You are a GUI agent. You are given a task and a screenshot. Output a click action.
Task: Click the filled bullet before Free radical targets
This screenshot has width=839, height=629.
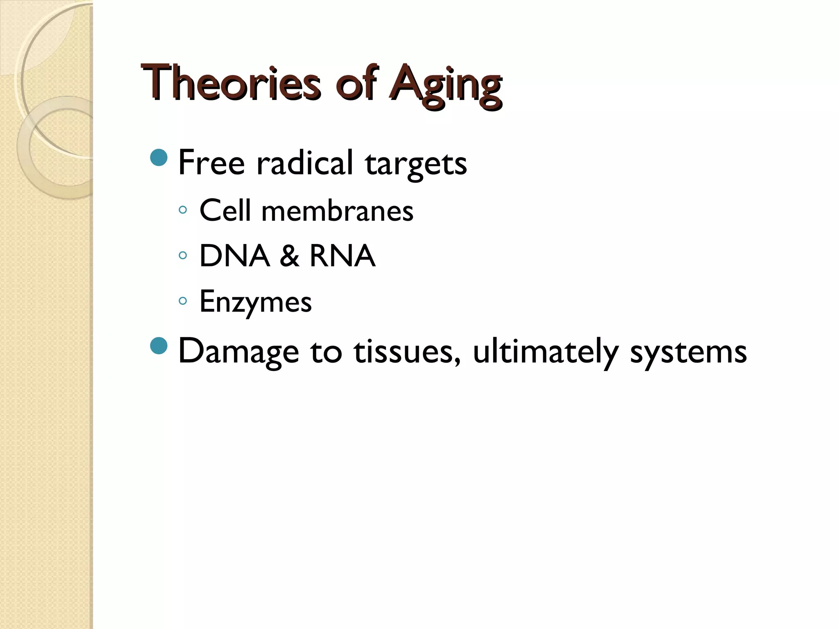tap(159, 158)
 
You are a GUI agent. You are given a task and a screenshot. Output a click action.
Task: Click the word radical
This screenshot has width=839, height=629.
tap(304, 163)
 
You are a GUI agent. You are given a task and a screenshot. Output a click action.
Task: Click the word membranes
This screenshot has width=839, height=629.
tap(337, 211)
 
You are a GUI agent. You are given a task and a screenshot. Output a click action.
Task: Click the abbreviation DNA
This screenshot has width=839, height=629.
tap(234, 256)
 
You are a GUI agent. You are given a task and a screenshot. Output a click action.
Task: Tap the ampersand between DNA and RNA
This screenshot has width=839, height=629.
tap(290, 256)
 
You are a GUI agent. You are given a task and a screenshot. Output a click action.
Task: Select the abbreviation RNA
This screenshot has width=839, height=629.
tap(342, 256)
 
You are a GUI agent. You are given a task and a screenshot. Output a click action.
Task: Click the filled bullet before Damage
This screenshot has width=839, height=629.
tap(159, 346)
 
